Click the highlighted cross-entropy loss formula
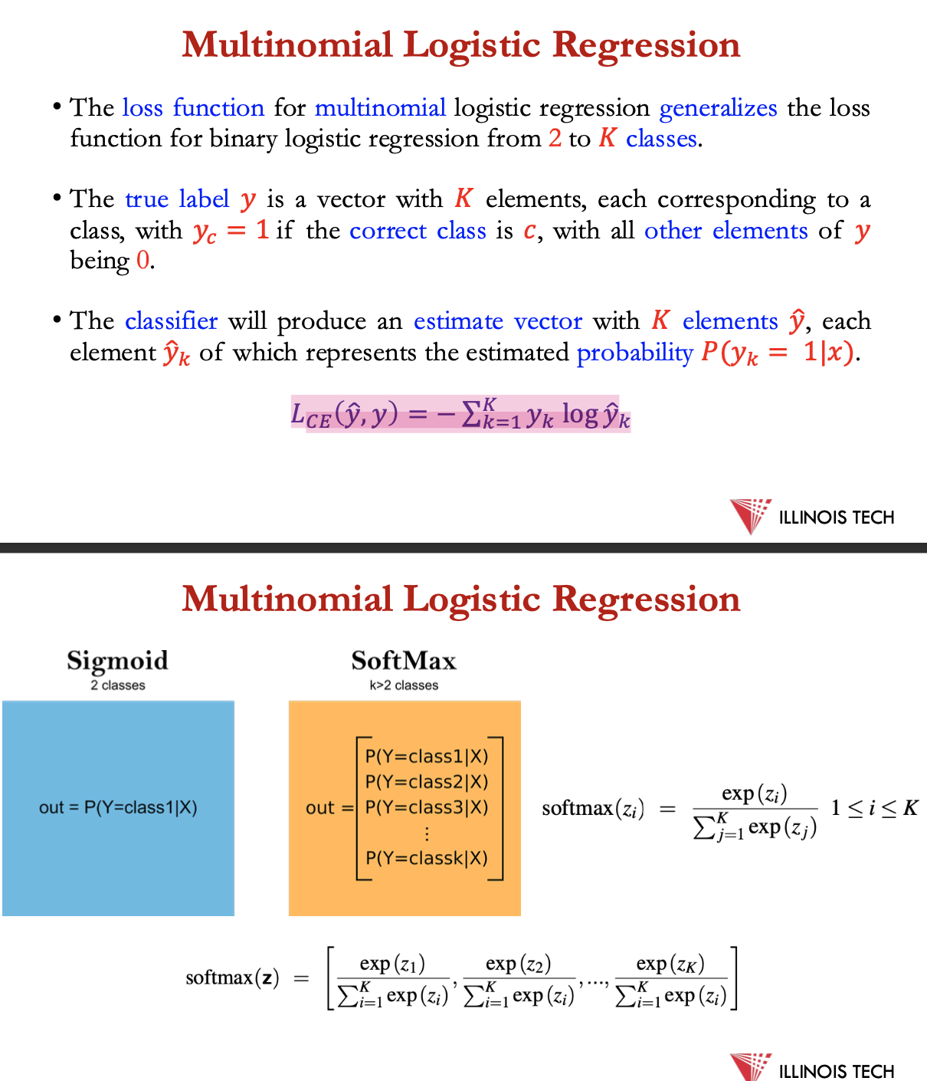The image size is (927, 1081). click(x=460, y=415)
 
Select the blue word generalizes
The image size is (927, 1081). click(x=718, y=108)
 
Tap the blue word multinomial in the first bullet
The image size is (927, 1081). click(x=380, y=108)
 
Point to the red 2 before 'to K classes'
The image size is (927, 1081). click(x=555, y=139)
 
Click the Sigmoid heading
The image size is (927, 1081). click(x=117, y=661)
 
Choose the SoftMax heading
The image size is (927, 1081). click(x=404, y=661)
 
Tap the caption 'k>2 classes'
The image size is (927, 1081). click(x=404, y=685)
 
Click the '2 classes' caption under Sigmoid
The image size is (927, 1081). click(x=117, y=685)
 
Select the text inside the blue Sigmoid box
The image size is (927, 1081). click(x=118, y=807)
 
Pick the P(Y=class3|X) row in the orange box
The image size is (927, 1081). click(x=427, y=807)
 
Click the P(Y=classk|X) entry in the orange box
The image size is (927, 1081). click(x=427, y=858)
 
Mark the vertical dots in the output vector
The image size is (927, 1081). click(x=427, y=833)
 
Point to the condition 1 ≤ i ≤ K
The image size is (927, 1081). click(x=874, y=808)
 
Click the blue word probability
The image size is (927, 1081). click(x=634, y=353)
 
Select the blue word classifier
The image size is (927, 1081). click(x=171, y=321)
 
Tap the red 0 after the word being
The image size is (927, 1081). click(x=142, y=261)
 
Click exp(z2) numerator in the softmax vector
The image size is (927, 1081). click(x=518, y=964)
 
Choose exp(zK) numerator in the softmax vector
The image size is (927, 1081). click(x=670, y=964)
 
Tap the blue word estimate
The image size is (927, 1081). click(x=458, y=321)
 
